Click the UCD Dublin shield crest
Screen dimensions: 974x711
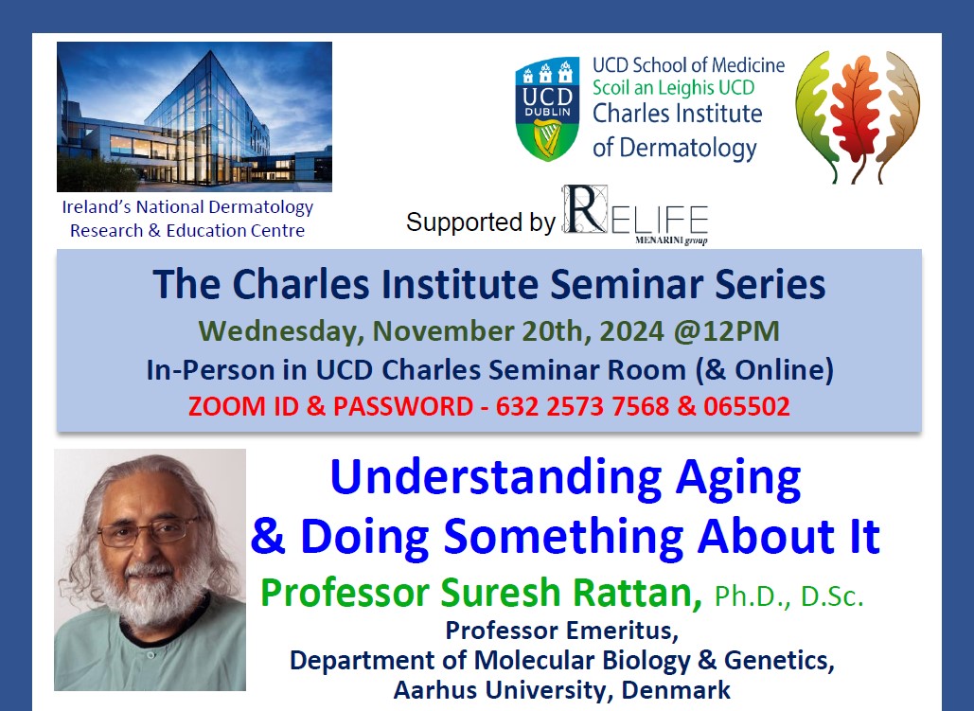coord(547,109)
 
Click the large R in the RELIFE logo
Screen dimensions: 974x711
coord(585,209)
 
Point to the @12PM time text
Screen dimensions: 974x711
coord(726,330)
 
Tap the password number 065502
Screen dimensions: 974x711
coord(747,406)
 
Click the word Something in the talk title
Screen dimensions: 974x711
coord(563,536)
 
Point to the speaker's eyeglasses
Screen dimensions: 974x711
coord(148,530)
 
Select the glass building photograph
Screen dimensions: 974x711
coord(194,116)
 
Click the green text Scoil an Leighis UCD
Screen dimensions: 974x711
coord(673,88)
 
